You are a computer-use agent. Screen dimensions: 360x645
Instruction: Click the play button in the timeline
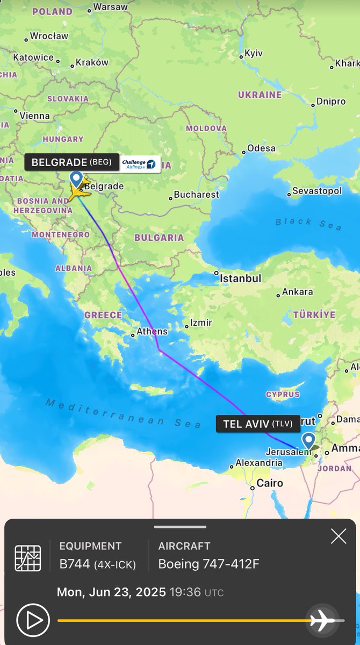tap(33, 620)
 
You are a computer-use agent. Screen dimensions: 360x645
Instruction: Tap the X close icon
tap(339, 536)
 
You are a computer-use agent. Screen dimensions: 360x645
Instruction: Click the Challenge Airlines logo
tap(139, 164)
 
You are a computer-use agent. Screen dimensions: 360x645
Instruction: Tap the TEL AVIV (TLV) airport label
tap(257, 424)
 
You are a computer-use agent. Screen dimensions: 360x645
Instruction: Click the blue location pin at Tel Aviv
tap(308, 441)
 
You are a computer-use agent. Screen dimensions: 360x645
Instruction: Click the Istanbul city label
tap(240, 278)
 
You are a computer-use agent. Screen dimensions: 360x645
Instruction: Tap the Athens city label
tap(152, 331)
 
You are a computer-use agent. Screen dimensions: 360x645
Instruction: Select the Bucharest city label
tap(196, 194)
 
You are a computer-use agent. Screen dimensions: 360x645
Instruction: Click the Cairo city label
tap(269, 483)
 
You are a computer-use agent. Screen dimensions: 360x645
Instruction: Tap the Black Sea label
tap(308, 224)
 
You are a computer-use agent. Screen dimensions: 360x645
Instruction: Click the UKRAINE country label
tap(260, 95)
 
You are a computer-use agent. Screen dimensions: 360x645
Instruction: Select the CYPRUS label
tap(283, 394)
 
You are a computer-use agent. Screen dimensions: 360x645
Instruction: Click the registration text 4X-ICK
tap(116, 564)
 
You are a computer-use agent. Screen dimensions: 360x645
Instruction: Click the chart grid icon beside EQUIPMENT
tap(27, 558)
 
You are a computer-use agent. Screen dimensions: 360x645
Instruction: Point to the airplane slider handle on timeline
tap(322, 620)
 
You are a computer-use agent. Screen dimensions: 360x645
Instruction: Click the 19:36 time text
tap(185, 592)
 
